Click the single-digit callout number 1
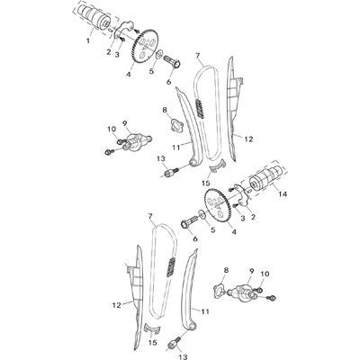pyautogui.click(x=88, y=40)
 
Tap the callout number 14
pyautogui.click(x=283, y=194)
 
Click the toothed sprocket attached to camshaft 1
pyautogui.click(x=146, y=46)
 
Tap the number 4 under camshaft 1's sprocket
pyautogui.click(x=129, y=74)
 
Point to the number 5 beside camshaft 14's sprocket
pyautogui.click(x=212, y=230)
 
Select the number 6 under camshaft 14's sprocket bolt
pyautogui.click(x=195, y=239)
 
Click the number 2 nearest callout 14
pyautogui.click(x=253, y=217)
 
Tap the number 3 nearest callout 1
pyautogui.click(x=117, y=54)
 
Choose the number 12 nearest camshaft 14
pyautogui.click(x=248, y=139)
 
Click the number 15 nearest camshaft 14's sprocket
pyautogui.click(x=206, y=183)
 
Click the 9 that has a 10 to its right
pyautogui.click(x=251, y=271)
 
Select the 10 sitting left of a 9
pyautogui.click(x=112, y=129)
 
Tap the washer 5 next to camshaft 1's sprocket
pyautogui.click(x=160, y=54)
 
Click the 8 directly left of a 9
pyautogui.click(x=226, y=270)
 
